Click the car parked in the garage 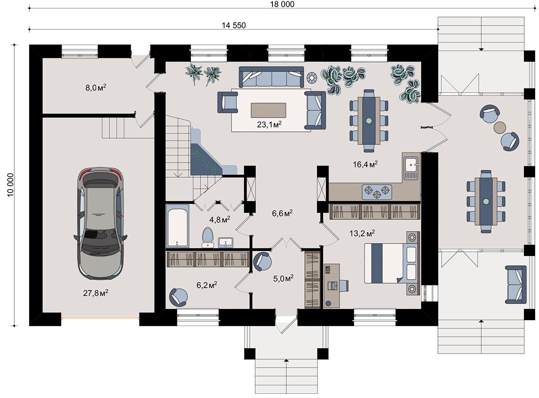coord(100,223)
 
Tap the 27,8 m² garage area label coord(96,293)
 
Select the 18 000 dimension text coord(282,4)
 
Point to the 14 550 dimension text coord(234,25)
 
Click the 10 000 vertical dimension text coord(11,185)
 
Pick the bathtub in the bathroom coord(177,226)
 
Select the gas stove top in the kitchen coord(376,192)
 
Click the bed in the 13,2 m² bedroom coord(392,263)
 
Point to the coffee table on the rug coord(269,110)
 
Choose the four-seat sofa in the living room coord(271,77)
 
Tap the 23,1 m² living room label coord(269,125)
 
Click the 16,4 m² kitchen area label coord(365,164)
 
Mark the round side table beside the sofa coord(312,78)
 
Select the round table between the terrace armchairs coord(500,127)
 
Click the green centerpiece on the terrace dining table coord(486,201)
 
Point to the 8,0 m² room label coord(96,88)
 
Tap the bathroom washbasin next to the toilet coord(226,243)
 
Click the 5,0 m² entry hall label coord(283,278)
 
